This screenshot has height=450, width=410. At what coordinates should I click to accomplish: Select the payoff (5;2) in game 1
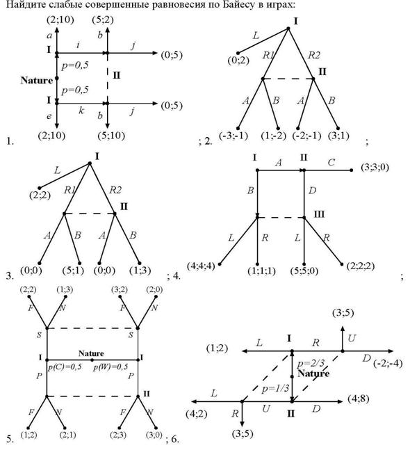103,19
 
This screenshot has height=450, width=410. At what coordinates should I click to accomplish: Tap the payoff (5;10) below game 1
111,136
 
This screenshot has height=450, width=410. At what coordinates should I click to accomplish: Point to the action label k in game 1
81,110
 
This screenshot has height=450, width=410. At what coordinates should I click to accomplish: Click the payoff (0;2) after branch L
238,61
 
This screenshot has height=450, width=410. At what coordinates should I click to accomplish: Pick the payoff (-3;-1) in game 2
233,136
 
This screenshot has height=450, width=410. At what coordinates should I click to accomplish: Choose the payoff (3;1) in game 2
338,136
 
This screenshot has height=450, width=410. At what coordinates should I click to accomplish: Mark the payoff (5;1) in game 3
73,271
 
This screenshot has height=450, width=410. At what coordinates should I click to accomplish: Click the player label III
319,214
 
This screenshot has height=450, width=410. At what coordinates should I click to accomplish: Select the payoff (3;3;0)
375,167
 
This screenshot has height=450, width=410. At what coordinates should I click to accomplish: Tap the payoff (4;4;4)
201,266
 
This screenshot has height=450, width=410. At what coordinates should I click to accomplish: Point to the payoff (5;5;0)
304,271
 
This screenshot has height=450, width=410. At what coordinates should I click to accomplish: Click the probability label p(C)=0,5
65,367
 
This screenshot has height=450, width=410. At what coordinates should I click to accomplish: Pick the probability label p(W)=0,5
110,367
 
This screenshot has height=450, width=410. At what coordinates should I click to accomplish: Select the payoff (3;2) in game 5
120,290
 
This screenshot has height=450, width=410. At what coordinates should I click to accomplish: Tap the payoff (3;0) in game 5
154,435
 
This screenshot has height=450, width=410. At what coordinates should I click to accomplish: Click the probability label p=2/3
311,363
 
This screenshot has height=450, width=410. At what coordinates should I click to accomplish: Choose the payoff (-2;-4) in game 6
388,363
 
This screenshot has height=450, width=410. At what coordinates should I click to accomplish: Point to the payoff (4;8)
359,399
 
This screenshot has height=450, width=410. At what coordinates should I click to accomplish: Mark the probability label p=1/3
275,388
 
